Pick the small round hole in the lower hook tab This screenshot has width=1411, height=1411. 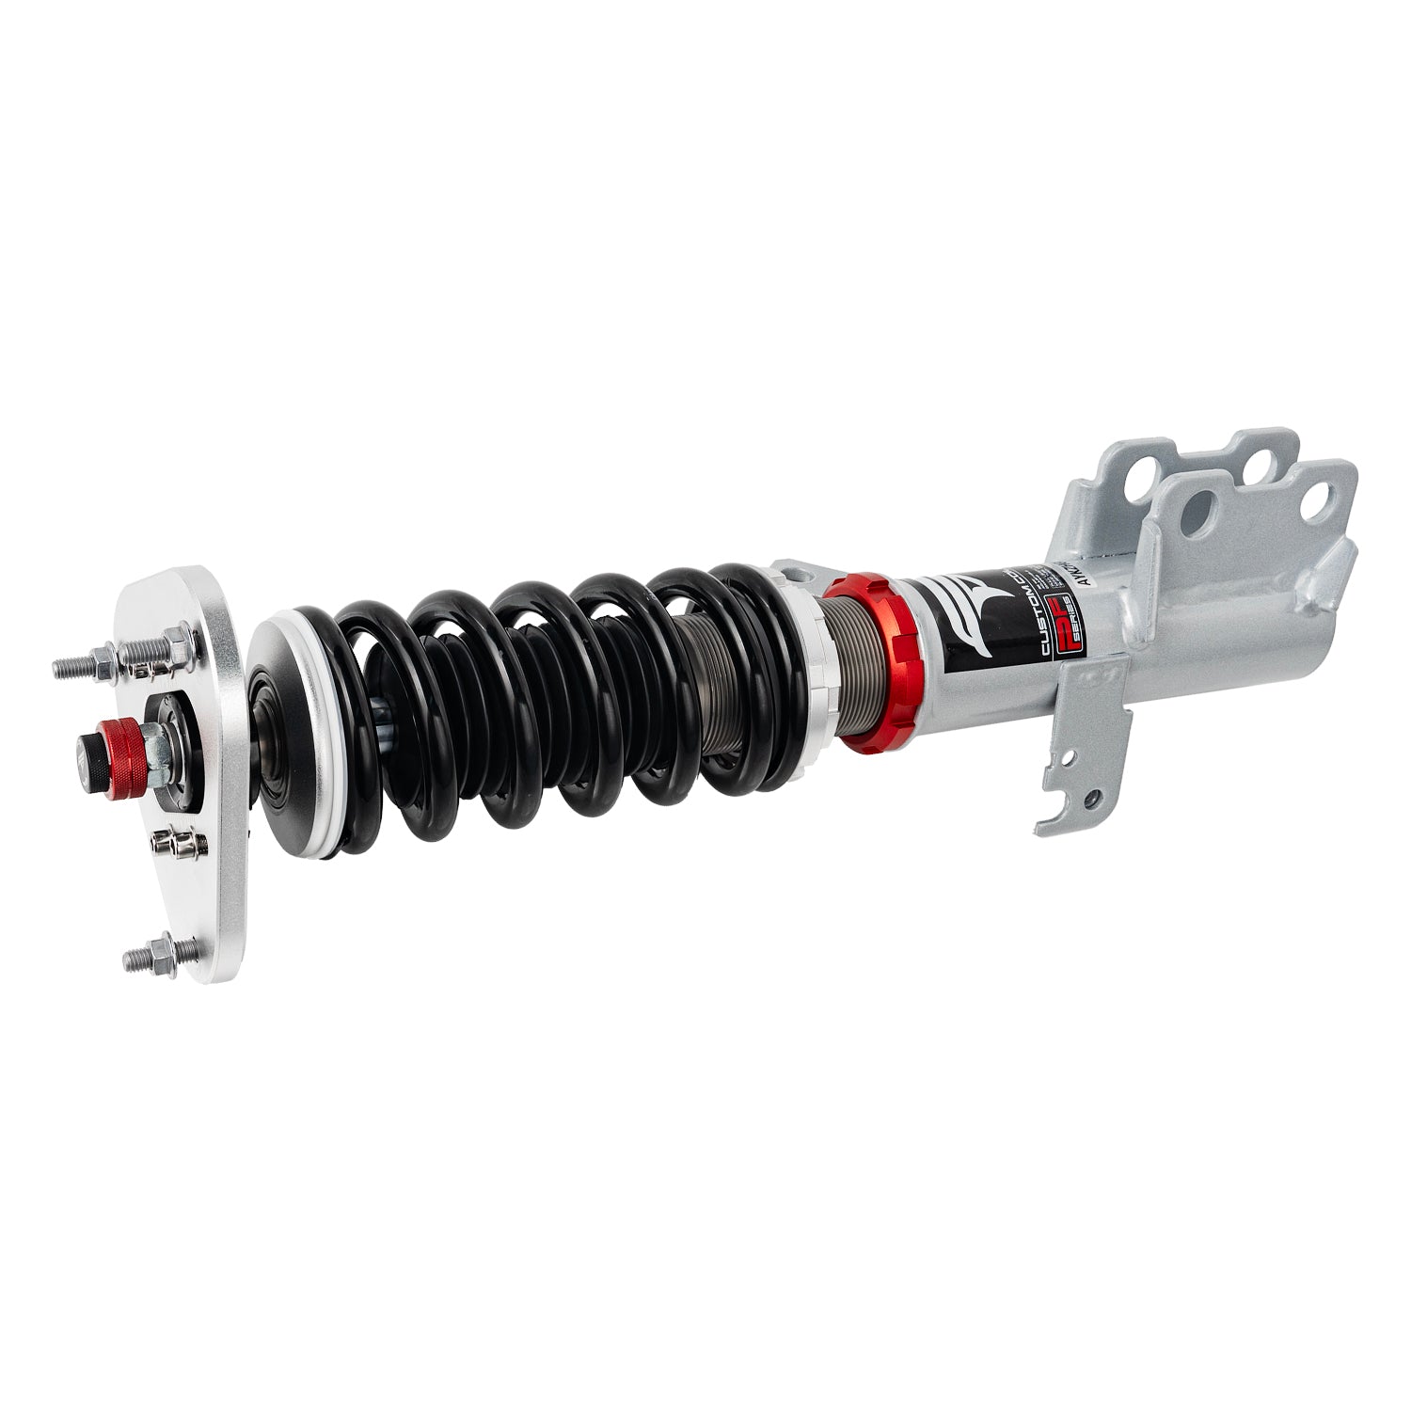click(1091, 801)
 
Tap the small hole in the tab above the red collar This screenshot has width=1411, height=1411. click(788, 568)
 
